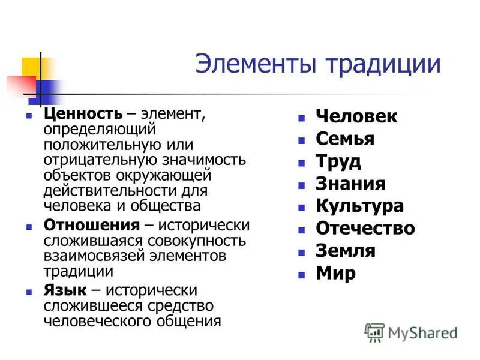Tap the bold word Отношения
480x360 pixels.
[x=91, y=226]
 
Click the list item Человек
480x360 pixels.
[x=356, y=116]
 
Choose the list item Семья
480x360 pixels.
[x=345, y=139]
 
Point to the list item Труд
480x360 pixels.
[x=338, y=161]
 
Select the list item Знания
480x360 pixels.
[x=350, y=184]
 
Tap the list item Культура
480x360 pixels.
[x=359, y=206]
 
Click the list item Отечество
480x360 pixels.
[x=365, y=228]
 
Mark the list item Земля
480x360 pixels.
[x=346, y=250]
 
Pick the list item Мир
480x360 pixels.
[x=335, y=273]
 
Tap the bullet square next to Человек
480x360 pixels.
[x=302, y=118]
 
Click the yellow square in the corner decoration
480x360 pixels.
[x=31, y=67]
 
